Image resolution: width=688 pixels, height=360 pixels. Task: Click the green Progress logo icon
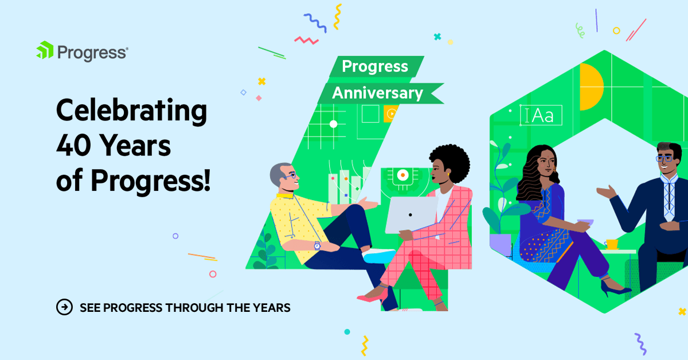click(x=45, y=51)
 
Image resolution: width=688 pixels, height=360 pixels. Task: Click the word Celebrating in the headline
click(x=131, y=111)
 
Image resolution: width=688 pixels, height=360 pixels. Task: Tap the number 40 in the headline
click(x=75, y=147)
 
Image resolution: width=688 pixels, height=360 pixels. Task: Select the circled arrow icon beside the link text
click(x=64, y=307)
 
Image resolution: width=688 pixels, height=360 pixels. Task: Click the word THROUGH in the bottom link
click(x=194, y=308)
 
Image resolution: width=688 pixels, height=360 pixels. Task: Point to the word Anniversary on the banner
click(x=377, y=93)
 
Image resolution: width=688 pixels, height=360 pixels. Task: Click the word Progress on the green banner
click(x=374, y=66)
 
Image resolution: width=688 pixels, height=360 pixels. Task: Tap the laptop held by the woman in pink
click(x=410, y=215)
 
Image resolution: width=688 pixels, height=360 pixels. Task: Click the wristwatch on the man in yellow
click(x=316, y=245)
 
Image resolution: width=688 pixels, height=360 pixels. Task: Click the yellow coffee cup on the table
click(x=612, y=244)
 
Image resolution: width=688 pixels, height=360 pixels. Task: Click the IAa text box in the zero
click(x=540, y=115)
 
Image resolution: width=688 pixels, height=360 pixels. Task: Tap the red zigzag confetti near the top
click(x=306, y=40)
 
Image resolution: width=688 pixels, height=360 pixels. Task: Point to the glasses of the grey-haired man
click(x=291, y=174)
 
